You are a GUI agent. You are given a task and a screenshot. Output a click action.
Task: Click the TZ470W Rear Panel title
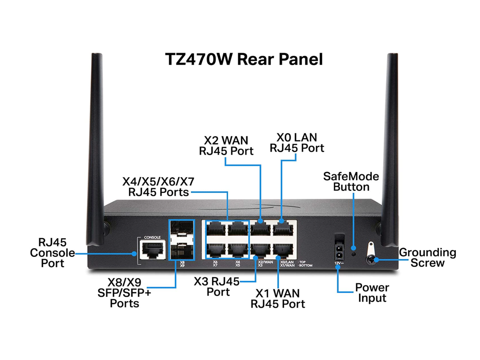[244, 59]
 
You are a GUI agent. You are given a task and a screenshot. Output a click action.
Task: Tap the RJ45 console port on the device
[152, 249]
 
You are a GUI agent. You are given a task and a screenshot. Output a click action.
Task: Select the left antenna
[96, 150]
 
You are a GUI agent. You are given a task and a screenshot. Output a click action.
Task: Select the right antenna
[390, 150]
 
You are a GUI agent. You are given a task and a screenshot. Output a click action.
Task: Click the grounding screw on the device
[371, 259]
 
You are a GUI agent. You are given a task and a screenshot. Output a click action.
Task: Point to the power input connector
[339, 252]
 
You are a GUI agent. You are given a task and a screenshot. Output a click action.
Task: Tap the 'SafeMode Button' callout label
[351, 181]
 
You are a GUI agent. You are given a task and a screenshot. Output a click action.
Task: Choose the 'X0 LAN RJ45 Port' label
[297, 143]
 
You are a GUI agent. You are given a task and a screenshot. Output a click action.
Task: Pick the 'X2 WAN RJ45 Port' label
[226, 145]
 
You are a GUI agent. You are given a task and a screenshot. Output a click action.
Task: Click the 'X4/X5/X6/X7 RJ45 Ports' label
[158, 187]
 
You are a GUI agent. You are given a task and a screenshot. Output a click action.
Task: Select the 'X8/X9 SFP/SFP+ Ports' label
[124, 292]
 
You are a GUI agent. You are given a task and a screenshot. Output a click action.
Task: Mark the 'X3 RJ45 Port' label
[217, 286]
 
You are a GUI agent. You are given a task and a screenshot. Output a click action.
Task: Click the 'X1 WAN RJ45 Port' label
[277, 298]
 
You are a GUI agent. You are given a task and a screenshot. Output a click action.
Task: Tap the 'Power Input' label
[372, 293]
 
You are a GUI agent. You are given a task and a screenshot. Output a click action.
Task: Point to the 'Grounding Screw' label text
[427, 258]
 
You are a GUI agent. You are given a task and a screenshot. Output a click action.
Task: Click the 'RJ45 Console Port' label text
[52, 253]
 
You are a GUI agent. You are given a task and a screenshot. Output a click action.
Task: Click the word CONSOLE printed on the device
[152, 237]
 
